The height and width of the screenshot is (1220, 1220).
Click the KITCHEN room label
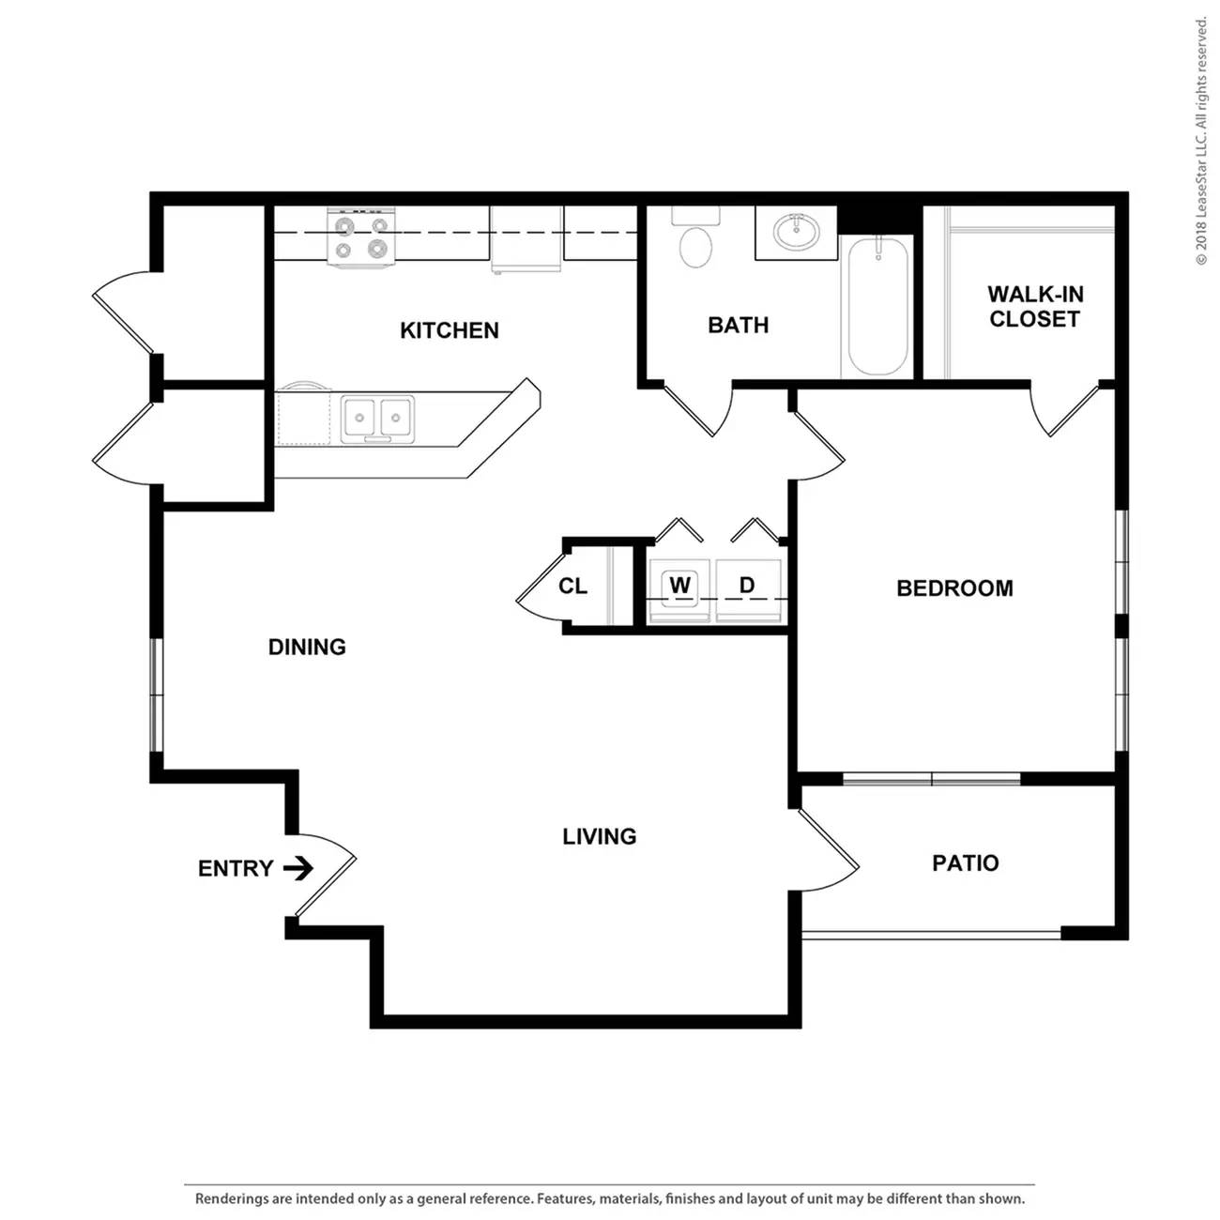(449, 329)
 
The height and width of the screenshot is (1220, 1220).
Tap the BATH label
(739, 325)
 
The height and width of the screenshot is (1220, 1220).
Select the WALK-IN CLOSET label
(1034, 307)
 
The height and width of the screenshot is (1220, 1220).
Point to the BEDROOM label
(954, 588)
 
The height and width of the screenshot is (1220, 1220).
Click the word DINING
(307, 647)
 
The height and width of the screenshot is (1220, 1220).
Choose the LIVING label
(599, 836)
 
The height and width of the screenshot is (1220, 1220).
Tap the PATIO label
(966, 863)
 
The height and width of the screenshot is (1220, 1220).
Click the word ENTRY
(236, 868)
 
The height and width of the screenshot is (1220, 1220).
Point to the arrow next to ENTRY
(298, 868)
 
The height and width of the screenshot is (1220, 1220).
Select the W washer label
(679, 585)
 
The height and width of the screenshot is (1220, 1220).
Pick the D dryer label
(747, 585)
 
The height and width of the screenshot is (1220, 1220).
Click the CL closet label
(572, 587)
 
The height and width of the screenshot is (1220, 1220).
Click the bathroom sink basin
(797, 232)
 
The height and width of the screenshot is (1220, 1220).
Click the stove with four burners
(361, 236)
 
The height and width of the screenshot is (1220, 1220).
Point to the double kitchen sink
(377, 419)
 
